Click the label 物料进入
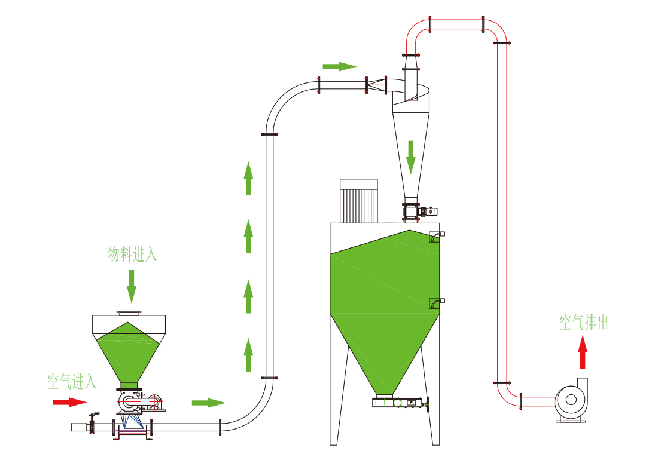(x=132, y=254)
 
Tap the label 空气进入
(x=72, y=381)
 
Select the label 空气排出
(x=584, y=323)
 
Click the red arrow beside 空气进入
(x=69, y=402)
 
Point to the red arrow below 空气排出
(x=583, y=352)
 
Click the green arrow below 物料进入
(x=132, y=286)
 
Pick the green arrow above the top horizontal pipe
(x=339, y=66)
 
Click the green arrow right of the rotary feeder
(x=208, y=403)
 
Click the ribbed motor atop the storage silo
(x=359, y=201)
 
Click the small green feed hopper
(x=128, y=352)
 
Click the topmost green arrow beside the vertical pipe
(x=248, y=177)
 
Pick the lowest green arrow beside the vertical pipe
(x=248, y=354)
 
